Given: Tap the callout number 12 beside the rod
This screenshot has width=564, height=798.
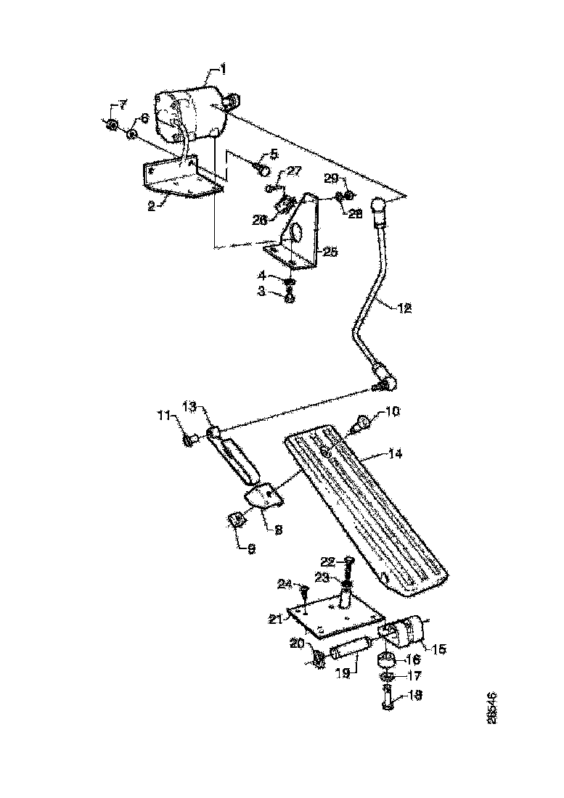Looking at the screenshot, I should click(x=404, y=308).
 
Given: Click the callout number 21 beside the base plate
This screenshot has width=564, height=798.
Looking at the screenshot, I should click(x=275, y=618).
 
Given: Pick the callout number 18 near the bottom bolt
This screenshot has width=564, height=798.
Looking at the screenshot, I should click(x=414, y=695).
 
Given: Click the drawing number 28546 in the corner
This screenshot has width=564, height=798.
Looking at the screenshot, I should click(x=493, y=707).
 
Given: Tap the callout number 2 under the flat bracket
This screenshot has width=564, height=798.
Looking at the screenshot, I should click(x=152, y=206).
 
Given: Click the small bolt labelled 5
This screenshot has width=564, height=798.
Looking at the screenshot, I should click(x=263, y=169).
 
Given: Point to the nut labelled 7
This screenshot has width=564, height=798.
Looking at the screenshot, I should click(x=111, y=126).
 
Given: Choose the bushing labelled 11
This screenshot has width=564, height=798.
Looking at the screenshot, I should click(x=191, y=439).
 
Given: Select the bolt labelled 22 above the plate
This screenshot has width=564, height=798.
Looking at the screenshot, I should click(x=348, y=567).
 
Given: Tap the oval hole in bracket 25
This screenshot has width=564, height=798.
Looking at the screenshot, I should click(x=297, y=233).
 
